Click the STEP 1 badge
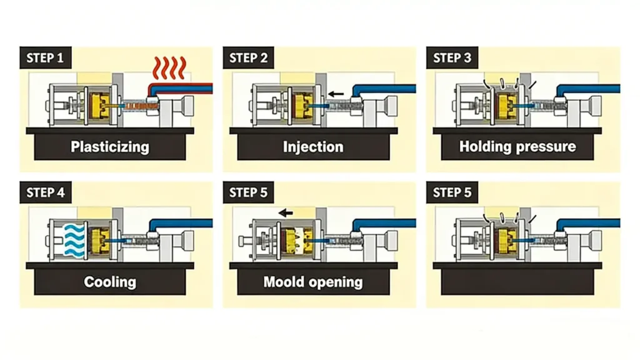(46, 58)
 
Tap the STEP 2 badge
(248, 58)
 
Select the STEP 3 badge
(452, 58)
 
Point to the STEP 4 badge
(46, 192)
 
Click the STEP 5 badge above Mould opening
(248, 192)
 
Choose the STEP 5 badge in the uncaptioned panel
(452, 192)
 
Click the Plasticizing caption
(110, 147)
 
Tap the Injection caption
(313, 147)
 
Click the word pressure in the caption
(547, 147)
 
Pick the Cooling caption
(110, 282)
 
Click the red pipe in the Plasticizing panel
(187, 86)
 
